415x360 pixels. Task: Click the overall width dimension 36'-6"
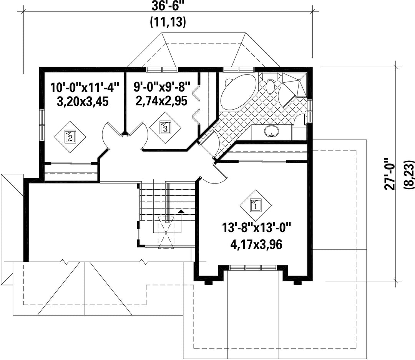click(168, 6)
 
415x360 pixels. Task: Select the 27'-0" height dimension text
click(390, 174)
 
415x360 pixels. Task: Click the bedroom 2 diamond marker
click(70, 137)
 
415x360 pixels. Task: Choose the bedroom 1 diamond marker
click(256, 205)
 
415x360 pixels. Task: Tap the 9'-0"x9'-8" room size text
click(162, 86)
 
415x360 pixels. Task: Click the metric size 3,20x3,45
click(83, 102)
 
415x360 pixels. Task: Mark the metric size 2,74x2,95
click(162, 101)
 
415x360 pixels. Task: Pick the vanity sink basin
click(272, 131)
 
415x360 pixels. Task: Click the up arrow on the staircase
click(181, 212)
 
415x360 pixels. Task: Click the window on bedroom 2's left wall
click(42, 125)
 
